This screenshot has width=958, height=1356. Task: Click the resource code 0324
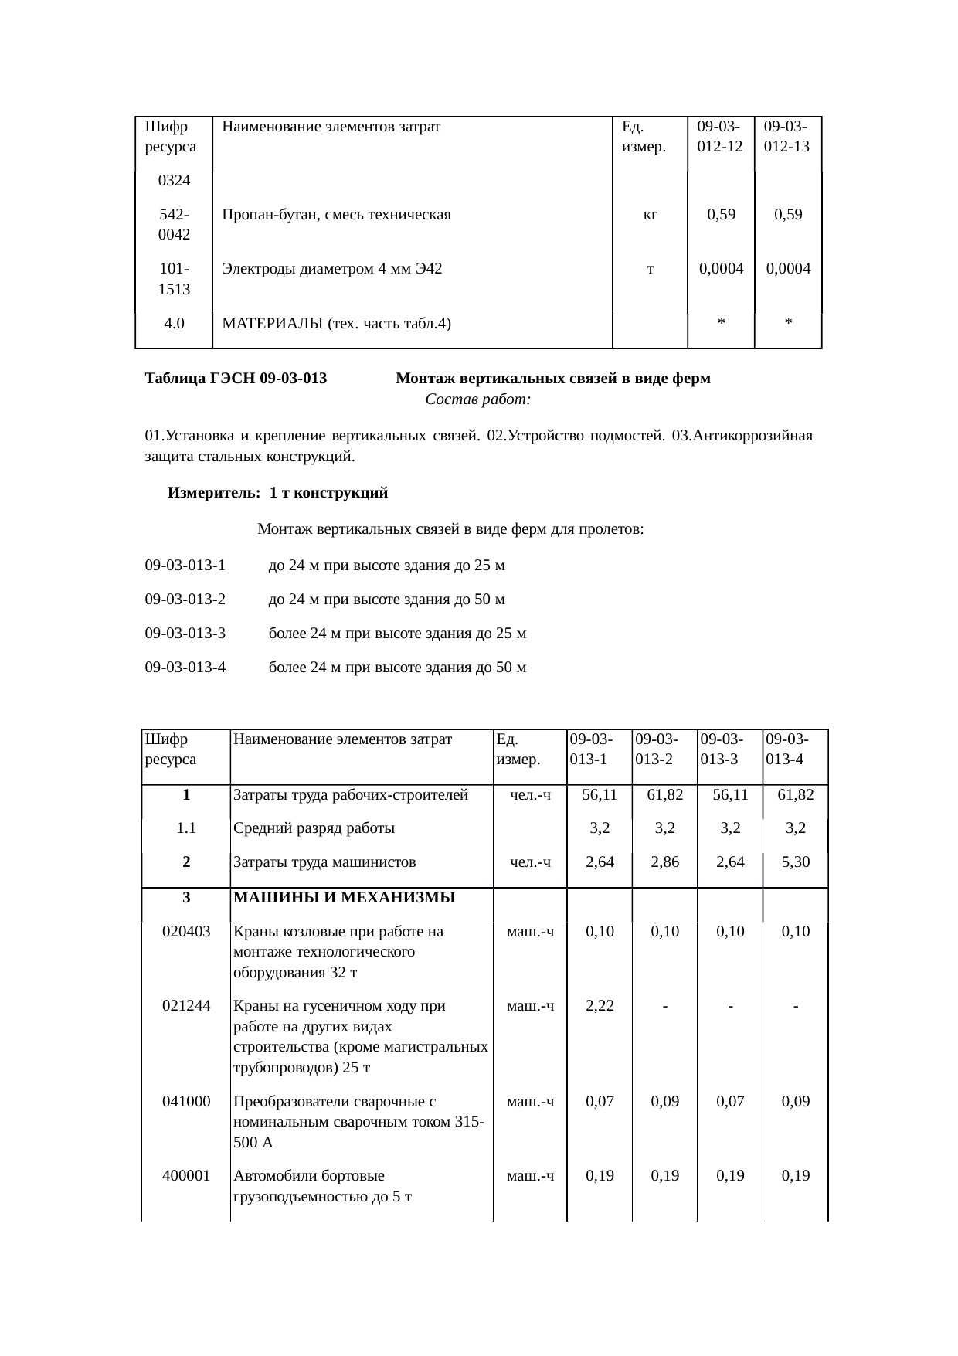[174, 181]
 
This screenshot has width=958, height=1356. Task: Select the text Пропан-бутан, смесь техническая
[336, 215]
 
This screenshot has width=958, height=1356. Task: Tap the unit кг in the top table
[651, 215]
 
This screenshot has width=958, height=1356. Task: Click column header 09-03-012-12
[719, 136]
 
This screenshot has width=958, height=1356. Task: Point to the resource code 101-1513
[174, 279]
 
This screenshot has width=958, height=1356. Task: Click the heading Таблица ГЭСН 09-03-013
[236, 379]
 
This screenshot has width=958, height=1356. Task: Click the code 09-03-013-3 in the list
[185, 634]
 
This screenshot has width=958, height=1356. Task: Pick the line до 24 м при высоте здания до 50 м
[386, 600]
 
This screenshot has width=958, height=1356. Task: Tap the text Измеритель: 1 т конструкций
[278, 493]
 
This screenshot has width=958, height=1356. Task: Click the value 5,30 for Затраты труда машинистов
[795, 862]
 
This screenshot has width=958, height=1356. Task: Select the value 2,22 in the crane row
[600, 1006]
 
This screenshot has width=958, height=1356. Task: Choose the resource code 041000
[186, 1102]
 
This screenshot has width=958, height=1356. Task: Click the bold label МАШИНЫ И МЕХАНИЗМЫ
[344, 897]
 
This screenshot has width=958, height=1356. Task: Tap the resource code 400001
[186, 1176]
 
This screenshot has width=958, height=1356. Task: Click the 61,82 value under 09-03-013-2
[664, 794]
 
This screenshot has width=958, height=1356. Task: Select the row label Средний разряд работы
[314, 828]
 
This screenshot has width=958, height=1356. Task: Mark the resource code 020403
[186, 931]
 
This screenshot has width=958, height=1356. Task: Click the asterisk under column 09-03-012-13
[787, 324]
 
